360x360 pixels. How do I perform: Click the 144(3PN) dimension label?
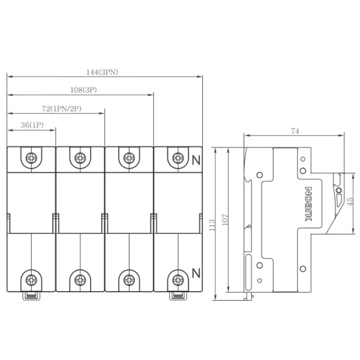click(102, 73)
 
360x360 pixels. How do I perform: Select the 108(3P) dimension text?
click(83, 90)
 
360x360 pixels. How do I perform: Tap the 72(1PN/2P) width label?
click(62, 109)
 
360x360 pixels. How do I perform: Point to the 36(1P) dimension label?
click(32, 125)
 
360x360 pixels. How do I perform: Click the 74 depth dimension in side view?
click(295, 131)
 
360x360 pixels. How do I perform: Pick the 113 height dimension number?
click(212, 225)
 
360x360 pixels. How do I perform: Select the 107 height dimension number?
click(225, 220)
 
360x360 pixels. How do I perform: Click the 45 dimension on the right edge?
click(350, 202)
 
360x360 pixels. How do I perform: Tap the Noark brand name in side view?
click(308, 204)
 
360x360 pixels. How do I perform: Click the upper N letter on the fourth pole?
click(196, 160)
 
